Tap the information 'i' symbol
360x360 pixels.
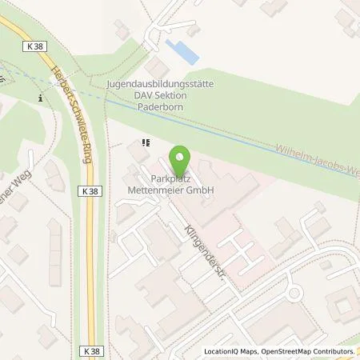(40, 98)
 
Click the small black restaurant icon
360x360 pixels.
(145, 144)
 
